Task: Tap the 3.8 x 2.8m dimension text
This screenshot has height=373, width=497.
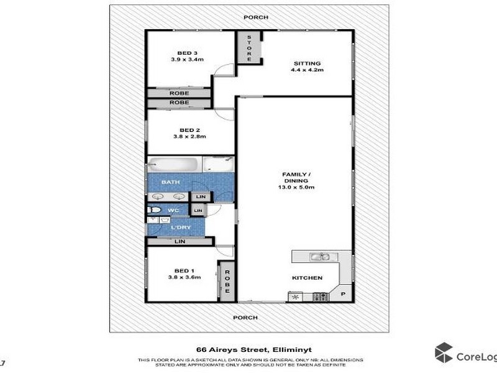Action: click(188, 137)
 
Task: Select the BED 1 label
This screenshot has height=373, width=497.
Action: click(182, 270)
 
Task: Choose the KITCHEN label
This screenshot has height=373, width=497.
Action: click(308, 278)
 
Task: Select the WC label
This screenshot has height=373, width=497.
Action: click(174, 211)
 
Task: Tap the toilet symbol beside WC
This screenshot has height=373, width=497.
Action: click(153, 211)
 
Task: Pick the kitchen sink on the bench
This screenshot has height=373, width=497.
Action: click(321, 256)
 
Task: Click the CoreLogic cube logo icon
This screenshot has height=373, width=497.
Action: click(444, 352)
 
